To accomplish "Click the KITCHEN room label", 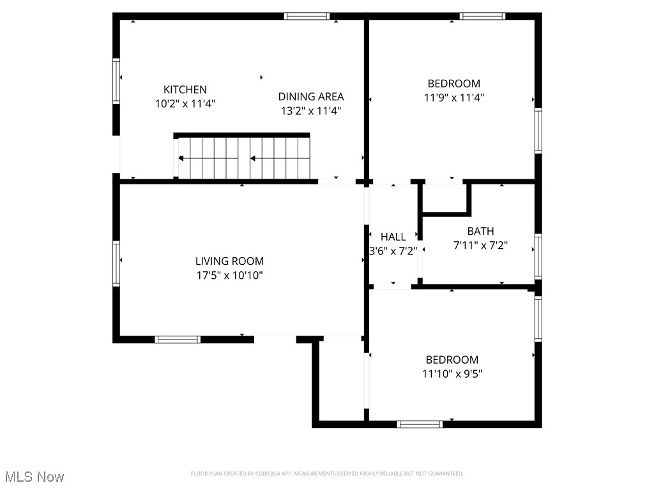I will tap(185, 90).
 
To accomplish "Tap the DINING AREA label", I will tap(311, 97).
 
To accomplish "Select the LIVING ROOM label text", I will tap(229, 261).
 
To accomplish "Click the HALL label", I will tap(393, 237).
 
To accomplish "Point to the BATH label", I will tap(480, 232).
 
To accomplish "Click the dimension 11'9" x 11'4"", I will tap(453, 98).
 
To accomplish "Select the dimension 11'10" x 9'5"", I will tap(452, 374).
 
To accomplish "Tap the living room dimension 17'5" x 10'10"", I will tap(229, 276).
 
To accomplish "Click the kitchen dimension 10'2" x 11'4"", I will tap(185, 104).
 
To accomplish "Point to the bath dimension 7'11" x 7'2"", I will tap(480, 246).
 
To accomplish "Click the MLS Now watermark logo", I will tap(34, 477).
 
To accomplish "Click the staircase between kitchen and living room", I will tap(243, 158).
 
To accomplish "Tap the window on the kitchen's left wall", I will tap(116, 80).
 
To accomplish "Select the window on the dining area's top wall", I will tap(307, 16).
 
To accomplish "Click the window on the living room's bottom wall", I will tap(178, 339).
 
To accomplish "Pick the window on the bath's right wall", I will tap(538, 256).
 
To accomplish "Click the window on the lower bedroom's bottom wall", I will tap(420, 424).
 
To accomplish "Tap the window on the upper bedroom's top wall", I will tap(482, 16).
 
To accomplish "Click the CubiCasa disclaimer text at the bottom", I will tap(327, 473).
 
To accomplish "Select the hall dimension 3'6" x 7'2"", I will tap(393, 251).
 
